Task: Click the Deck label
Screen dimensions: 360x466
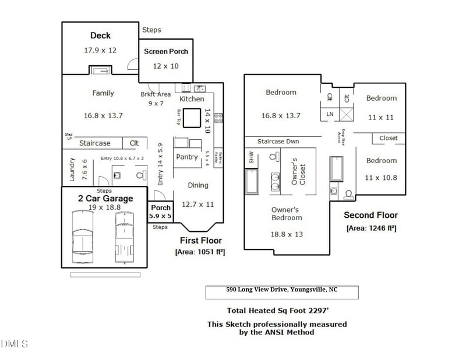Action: [100, 36]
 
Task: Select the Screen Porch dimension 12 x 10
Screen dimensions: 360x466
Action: [166, 66]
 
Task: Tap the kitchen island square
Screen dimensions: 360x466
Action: [192, 119]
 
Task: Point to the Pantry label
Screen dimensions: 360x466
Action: [187, 157]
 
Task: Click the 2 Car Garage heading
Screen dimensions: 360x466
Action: [105, 199]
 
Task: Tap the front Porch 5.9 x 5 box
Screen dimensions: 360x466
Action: [161, 212]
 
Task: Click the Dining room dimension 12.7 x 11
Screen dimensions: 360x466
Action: [198, 204]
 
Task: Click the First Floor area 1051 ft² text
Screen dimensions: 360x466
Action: [200, 252]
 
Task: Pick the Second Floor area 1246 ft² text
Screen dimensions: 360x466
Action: [371, 228]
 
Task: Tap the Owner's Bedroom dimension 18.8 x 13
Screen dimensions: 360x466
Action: [286, 234]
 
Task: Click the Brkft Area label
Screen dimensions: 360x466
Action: [156, 94]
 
